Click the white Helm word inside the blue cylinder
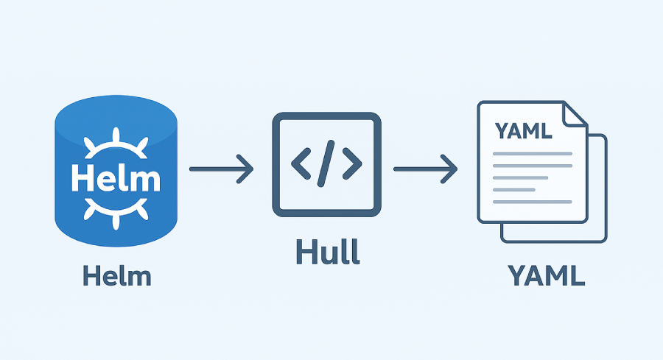coord(116,177)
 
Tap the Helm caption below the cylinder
coord(117,277)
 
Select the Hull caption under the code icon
coord(327,252)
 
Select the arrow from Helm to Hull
coord(221,169)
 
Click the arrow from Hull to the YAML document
coord(425,169)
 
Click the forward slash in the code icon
coord(327,165)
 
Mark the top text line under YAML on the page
coord(532,153)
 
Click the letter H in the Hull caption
coord(305,252)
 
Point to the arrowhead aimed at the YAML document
coord(450,169)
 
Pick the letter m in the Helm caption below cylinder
coord(139,278)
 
